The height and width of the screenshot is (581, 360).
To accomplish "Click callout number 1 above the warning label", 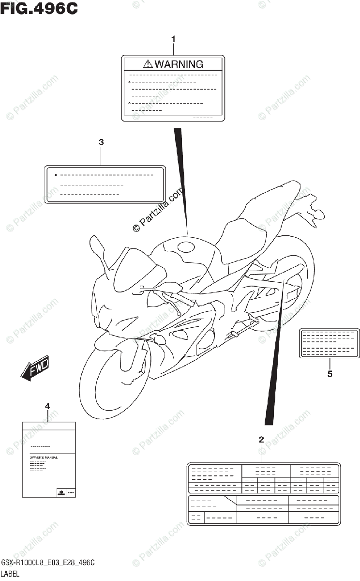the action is [174, 38].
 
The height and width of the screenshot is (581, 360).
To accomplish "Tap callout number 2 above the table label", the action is [261, 440].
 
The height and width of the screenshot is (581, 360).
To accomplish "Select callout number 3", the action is [101, 142].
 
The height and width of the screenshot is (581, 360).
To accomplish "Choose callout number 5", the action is [330, 373].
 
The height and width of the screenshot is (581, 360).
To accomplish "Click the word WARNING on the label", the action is [179, 64].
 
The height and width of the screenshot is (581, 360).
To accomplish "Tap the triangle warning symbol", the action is [148, 64].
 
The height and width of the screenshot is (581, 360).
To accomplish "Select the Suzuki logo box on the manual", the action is [62, 492].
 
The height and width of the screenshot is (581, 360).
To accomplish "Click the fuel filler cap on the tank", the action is [186, 246].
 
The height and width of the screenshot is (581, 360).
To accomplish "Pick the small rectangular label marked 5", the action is [330, 343].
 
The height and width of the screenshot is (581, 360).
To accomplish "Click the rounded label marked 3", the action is [105, 184].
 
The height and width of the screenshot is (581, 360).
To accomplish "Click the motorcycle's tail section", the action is [310, 208].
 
